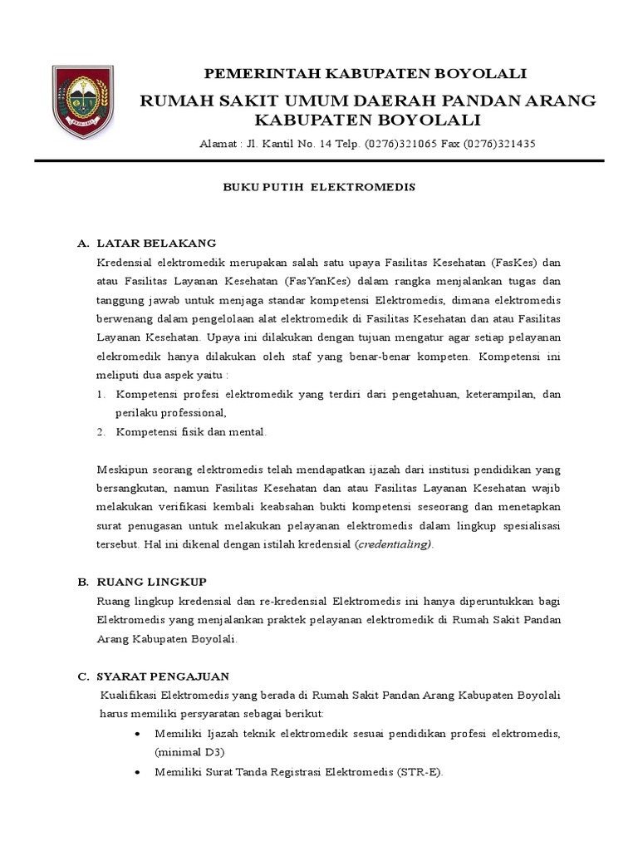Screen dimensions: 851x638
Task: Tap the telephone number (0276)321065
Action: click(x=394, y=144)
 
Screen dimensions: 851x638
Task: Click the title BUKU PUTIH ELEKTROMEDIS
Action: click(x=319, y=188)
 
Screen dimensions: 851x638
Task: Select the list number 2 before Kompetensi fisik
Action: click(x=101, y=432)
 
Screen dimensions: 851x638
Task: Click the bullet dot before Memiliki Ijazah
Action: click(x=137, y=733)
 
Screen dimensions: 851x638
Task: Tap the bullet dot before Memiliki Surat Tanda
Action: click(x=137, y=771)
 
